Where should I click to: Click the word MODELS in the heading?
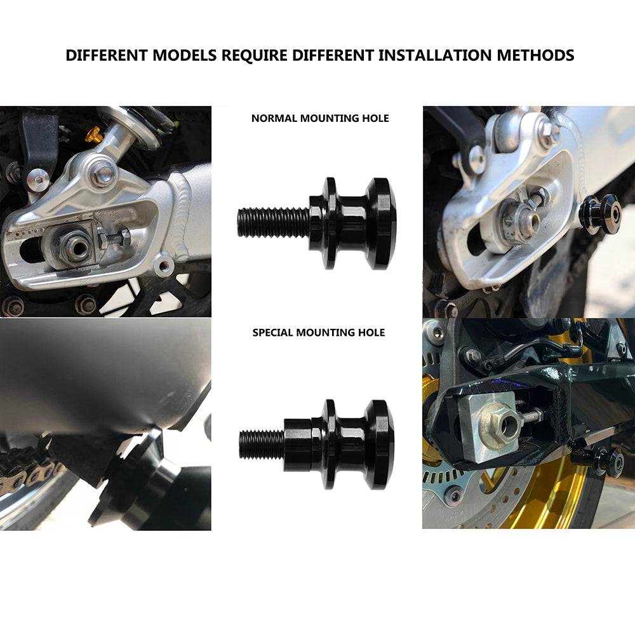(x=185, y=55)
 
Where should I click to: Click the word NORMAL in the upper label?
(x=274, y=118)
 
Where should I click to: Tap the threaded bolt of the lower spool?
(x=262, y=444)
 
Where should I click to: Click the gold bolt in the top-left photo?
(x=93, y=134)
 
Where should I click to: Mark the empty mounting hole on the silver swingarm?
(x=164, y=265)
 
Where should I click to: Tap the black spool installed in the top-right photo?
(x=601, y=214)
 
